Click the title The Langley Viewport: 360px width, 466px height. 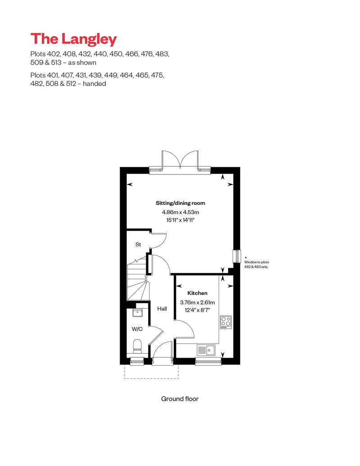(x=73, y=39)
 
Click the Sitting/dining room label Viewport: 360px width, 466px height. (x=180, y=203)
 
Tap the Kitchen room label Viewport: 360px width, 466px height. (x=198, y=293)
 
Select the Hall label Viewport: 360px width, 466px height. (x=162, y=309)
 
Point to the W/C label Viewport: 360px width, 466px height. (x=137, y=329)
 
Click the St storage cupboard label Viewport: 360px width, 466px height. (x=138, y=244)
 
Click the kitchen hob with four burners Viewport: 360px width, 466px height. (x=226, y=322)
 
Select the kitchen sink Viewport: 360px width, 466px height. (x=206, y=350)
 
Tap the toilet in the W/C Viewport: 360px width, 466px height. (x=137, y=346)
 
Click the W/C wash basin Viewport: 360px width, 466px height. (x=137, y=312)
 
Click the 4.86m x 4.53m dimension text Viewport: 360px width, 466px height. (x=180, y=212)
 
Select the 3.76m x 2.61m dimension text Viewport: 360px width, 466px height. (x=198, y=303)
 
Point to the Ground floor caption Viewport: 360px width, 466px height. (x=180, y=399)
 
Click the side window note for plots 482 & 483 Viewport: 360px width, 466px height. (x=256, y=264)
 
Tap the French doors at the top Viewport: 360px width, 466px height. (x=180, y=161)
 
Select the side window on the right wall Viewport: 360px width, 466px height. (x=237, y=256)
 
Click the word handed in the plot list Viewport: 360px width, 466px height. (x=94, y=84)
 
